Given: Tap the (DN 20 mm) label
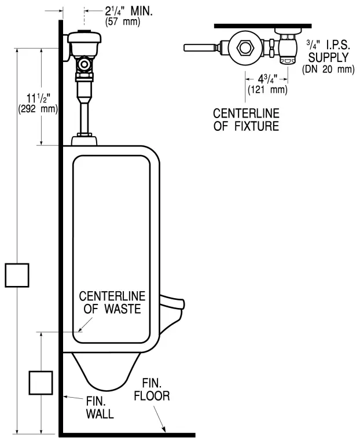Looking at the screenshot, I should tap(328, 69).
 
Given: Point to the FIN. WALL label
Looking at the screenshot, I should tap(100, 408).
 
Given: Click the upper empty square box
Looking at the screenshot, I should tap(17, 274).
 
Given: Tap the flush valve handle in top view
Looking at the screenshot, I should tap(200, 47).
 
